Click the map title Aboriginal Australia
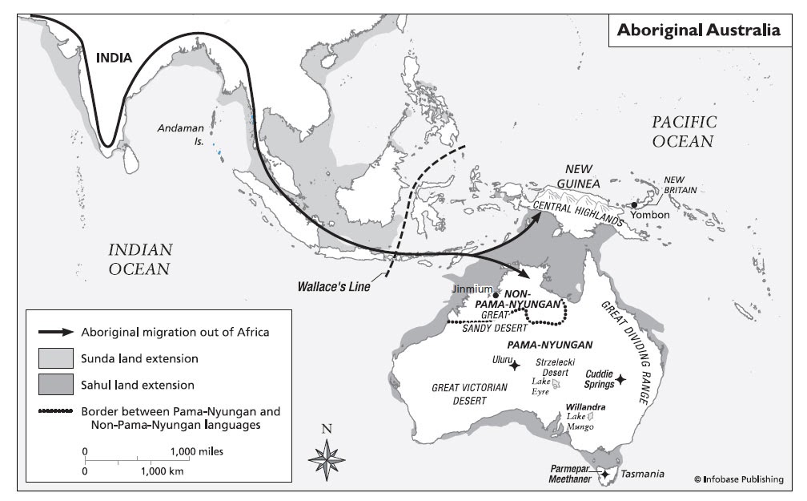[698, 30]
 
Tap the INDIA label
[114, 58]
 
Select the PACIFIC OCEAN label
[683, 131]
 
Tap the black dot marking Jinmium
[496, 294]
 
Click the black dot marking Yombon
[634, 204]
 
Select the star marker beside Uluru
[515, 366]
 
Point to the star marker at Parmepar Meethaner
[604, 475]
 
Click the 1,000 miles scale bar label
[192, 451]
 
